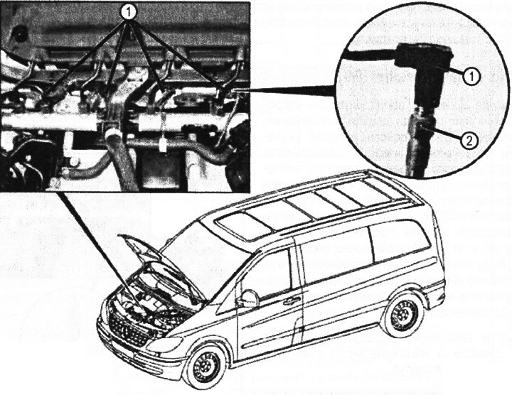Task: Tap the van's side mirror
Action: click(247, 298)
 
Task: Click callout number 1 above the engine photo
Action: click(128, 11)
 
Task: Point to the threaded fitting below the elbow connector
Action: click(421, 128)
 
